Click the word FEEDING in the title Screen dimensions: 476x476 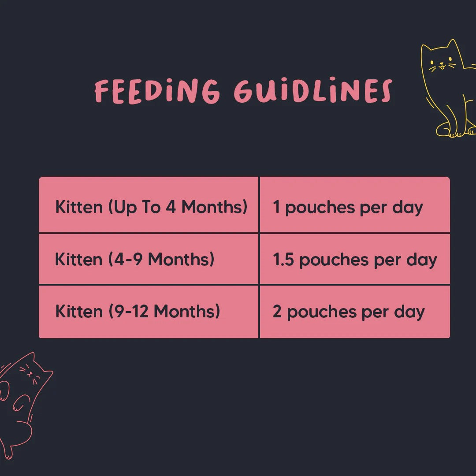pyautogui.click(x=157, y=91)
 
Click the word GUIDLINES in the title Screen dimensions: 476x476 pyautogui.click(x=313, y=91)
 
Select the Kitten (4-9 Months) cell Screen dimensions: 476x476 pyautogui.click(x=149, y=259)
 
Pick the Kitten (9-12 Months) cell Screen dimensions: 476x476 pyautogui.click(x=149, y=312)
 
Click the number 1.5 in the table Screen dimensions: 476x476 pyautogui.click(x=283, y=260)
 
